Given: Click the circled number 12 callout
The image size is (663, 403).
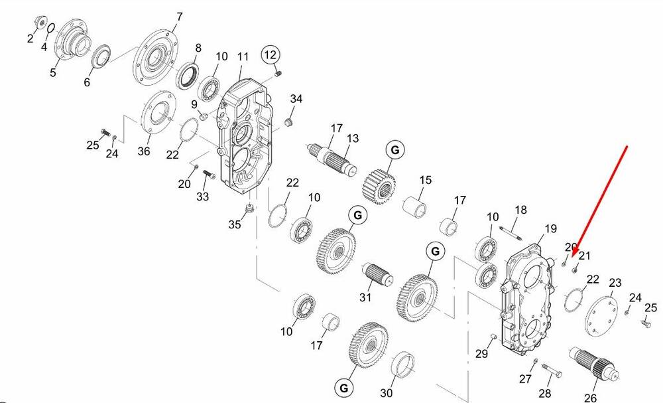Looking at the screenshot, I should [x=270, y=54].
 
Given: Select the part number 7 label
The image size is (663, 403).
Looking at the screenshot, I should [x=178, y=17].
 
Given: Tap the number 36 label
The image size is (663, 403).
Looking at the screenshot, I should [x=144, y=151].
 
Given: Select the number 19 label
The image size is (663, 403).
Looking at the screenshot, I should [x=550, y=230].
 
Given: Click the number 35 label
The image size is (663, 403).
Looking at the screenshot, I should [x=235, y=224].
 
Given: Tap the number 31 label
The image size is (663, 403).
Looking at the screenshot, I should [x=365, y=297].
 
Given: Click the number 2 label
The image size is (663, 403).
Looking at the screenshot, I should [x=30, y=39].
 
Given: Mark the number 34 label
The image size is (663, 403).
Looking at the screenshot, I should [x=296, y=100].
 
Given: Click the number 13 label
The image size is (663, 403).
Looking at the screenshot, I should [x=353, y=138].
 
